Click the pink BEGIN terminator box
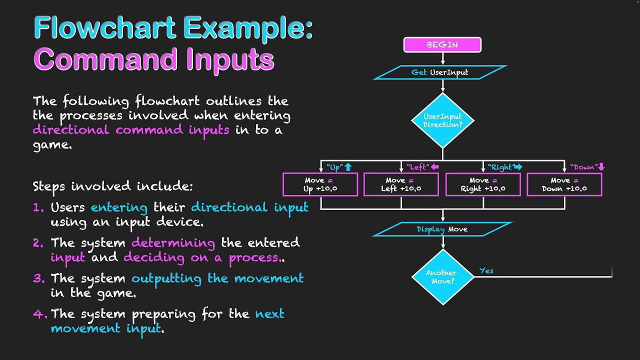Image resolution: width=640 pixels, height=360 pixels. pyautogui.click(x=442, y=45)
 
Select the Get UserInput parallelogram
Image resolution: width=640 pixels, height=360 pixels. pyautogui.click(x=440, y=72)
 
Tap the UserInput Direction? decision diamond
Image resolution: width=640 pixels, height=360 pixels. pyautogui.click(x=442, y=120)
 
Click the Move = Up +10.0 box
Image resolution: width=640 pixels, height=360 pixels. pyautogui.click(x=320, y=184)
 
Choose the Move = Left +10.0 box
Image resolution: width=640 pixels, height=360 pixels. pyautogui.click(x=401, y=184)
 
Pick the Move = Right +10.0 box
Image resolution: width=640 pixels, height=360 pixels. pyautogui.click(x=483, y=184)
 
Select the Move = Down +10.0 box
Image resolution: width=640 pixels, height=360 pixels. pyautogui.click(x=564, y=184)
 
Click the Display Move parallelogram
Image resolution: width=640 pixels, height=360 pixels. pyautogui.click(x=442, y=229)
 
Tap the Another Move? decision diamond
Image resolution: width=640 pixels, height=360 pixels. pyautogui.click(x=442, y=277)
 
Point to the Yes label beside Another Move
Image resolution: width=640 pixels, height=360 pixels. pyautogui.click(x=486, y=270)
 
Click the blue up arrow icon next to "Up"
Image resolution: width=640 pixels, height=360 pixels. pyautogui.click(x=348, y=167)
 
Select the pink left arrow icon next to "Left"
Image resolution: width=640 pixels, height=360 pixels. pyautogui.click(x=435, y=167)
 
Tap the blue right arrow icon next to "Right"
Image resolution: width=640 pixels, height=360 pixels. pyautogui.click(x=517, y=167)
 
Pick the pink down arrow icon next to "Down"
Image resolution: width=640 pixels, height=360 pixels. pyautogui.click(x=601, y=167)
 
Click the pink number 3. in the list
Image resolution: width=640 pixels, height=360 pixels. pyautogui.click(x=39, y=278)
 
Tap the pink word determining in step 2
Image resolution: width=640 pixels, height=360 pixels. pyautogui.click(x=173, y=243)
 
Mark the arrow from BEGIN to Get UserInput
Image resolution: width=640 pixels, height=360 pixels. pyautogui.click(x=442, y=58)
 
